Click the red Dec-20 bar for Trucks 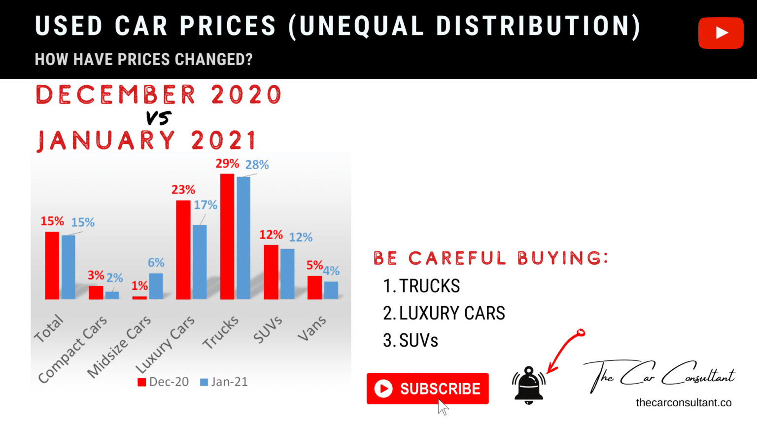pos(227,237)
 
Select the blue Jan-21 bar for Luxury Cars pos(200,262)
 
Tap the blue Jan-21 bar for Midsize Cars pos(156,286)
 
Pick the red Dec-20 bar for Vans pos(314,287)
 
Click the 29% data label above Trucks pos(227,164)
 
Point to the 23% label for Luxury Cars pos(183,190)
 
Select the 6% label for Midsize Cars pos(156,263)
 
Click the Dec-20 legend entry pos(164,382)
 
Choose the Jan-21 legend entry pos(224,382)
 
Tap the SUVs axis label pos(268,329)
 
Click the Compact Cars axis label pos(72,349)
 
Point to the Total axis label pos(48,328)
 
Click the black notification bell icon pos(528,386)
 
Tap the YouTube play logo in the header pos(721,33)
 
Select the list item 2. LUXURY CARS pos(444,314)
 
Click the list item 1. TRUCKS pos(422,286)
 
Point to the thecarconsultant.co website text pos(684,403)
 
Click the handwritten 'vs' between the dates pos(159,118)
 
